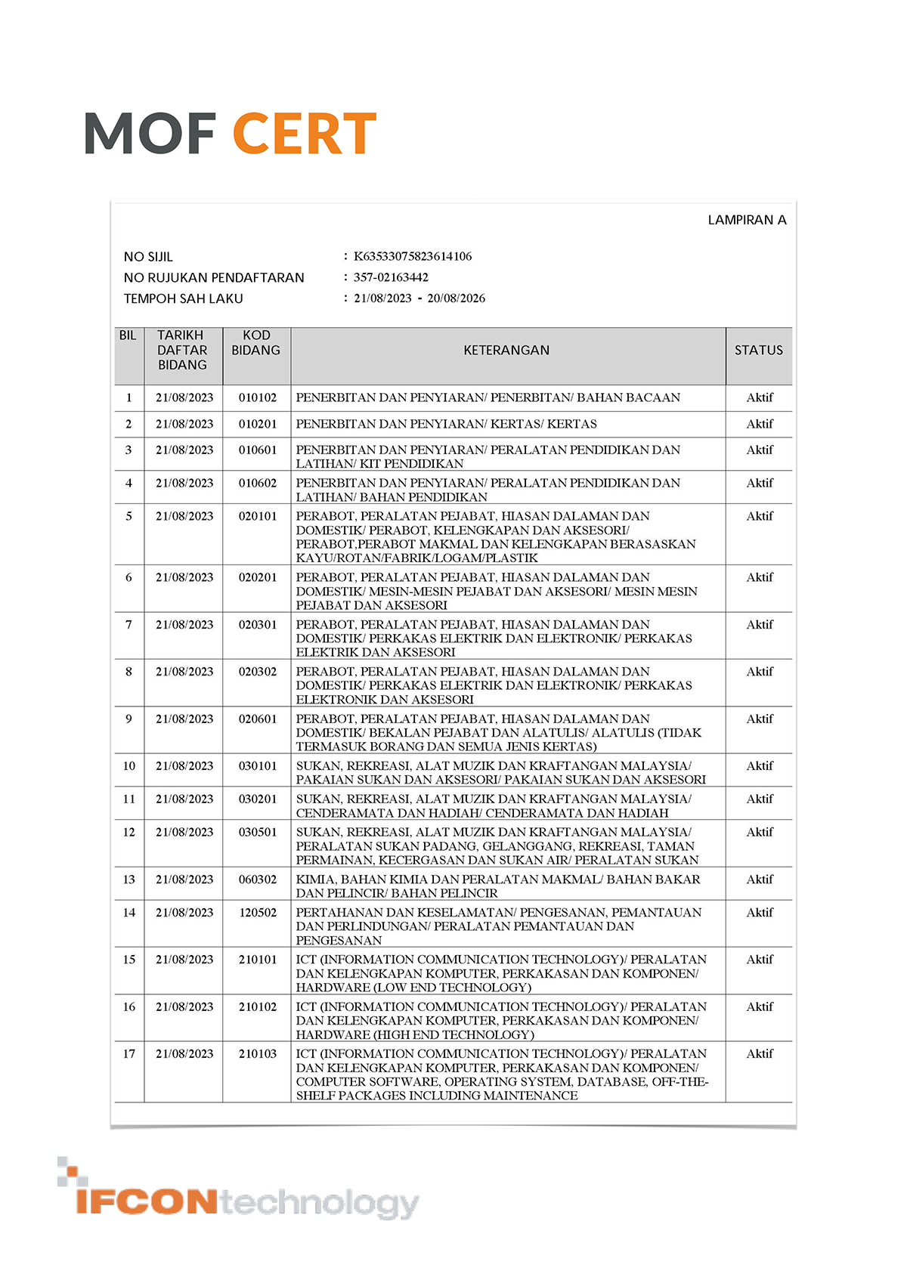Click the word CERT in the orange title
coord(304,134)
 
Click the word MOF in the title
coord(150,134)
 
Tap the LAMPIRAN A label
coord(747,220)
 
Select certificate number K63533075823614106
coord(413,256)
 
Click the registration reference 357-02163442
coord(391,277)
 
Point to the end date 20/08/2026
coord(457,298)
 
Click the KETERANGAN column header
coord(506,350)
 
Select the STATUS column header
coord(759,350)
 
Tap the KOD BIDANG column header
coord(256,342)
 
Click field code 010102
coord(258,397)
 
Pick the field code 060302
coord(258,880)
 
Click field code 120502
coord(258,913)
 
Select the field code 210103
coord(258,1054)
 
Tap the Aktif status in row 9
coord(760,719)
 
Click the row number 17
coord(129,1054)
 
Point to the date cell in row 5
coord(184,516)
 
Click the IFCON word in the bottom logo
coord(147,1201)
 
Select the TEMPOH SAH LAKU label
coord(184,298)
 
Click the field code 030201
coord(258,799)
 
